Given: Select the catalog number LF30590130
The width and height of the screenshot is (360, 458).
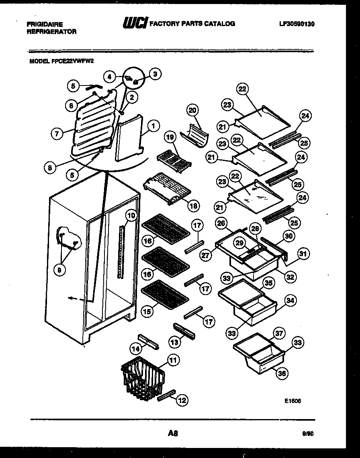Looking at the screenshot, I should point(297,24).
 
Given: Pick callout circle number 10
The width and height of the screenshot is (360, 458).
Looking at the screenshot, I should point(131,216).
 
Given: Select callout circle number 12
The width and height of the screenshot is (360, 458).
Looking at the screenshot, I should point(182,400).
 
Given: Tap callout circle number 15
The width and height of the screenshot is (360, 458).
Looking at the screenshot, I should point(147,311).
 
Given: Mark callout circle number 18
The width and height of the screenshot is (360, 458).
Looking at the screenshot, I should point(193,206).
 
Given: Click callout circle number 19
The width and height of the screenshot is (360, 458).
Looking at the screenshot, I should point(170,138).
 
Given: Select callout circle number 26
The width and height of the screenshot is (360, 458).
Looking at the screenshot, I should point(221,223).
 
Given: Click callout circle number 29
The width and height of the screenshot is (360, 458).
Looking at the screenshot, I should point(240,243).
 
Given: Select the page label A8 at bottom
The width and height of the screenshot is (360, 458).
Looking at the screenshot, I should point(173,433).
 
